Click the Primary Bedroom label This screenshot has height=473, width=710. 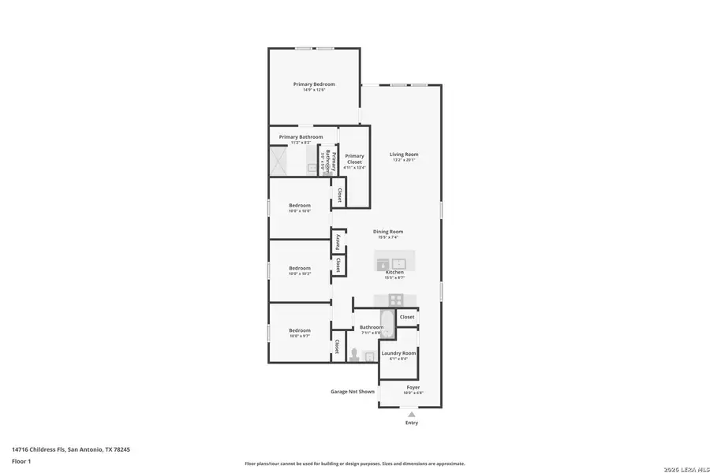point(314,84)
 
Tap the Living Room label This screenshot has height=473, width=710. point(404,155)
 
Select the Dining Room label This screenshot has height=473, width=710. point(388,231)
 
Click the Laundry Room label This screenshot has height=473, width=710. point(398,353)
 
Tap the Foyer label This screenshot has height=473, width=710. point(413,387)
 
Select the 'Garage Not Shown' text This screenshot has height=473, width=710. point(352,391)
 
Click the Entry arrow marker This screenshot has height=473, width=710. point(411,413)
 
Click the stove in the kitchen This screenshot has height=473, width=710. point(396,300)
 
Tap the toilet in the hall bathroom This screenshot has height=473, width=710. point(354,356)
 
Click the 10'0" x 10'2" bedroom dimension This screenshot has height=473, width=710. point(299,274)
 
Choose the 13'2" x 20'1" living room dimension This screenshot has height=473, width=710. point(404,160)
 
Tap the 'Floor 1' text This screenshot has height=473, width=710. point(21,460)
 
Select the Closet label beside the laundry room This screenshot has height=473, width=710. point(407,317)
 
